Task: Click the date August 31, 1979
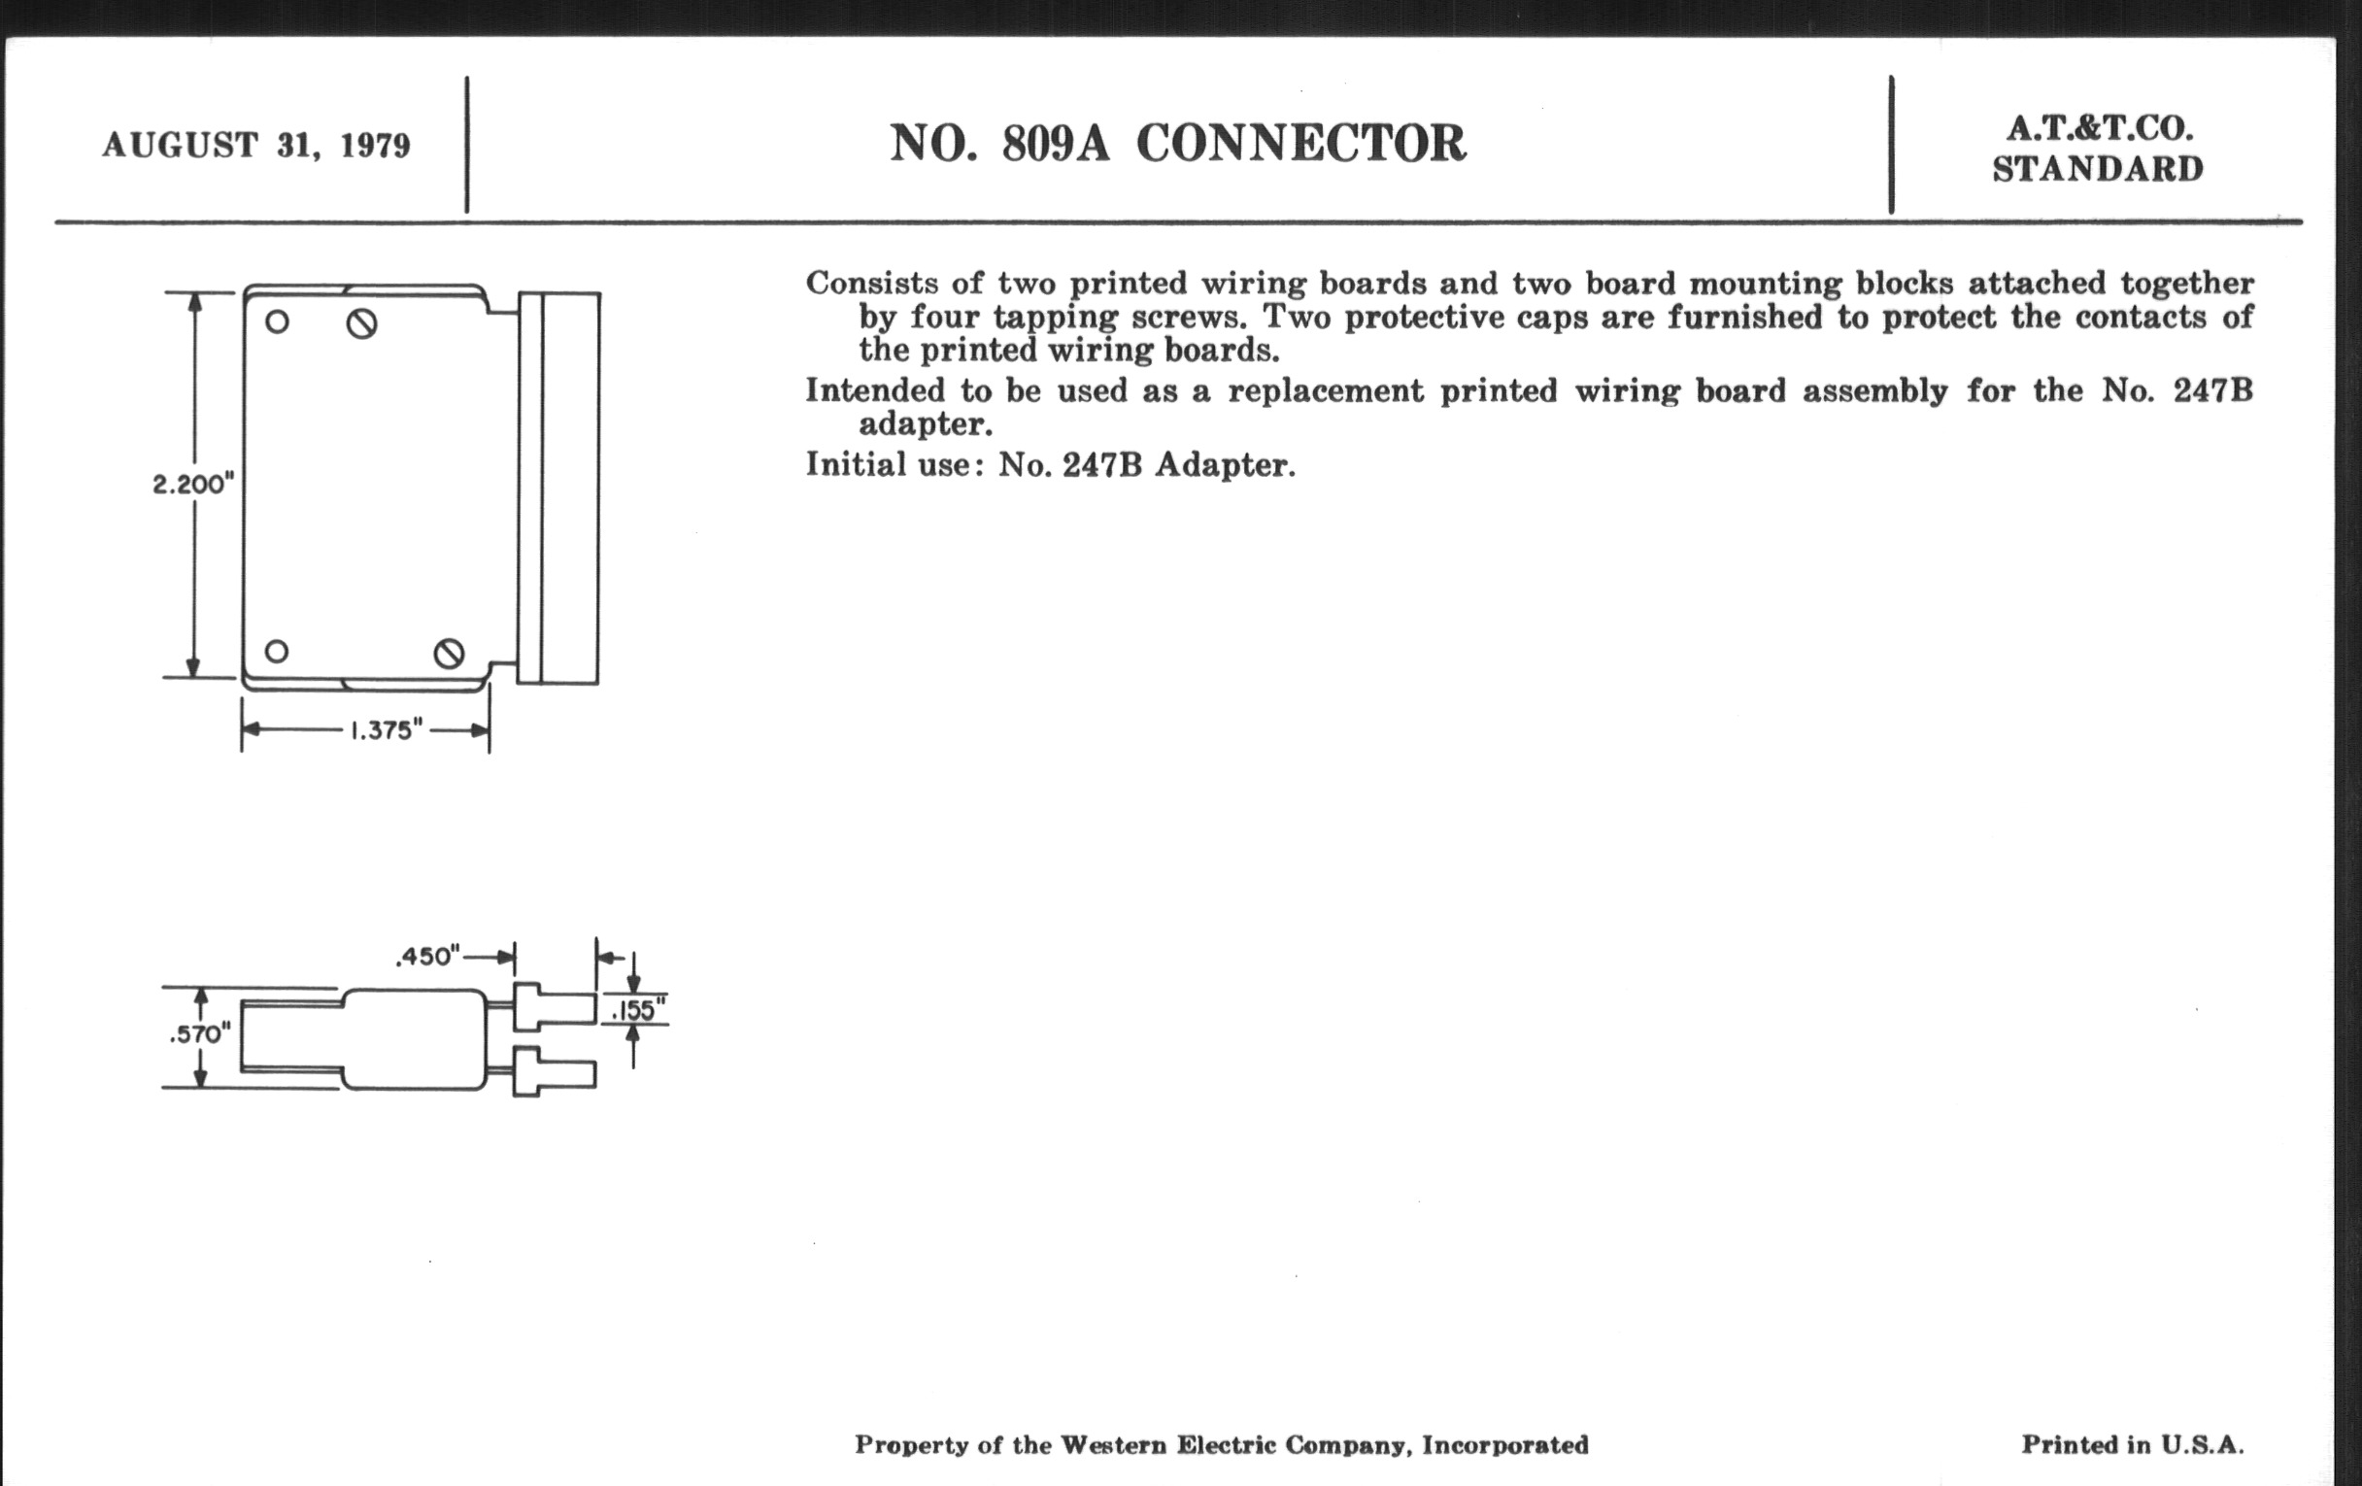(x=256, y=145)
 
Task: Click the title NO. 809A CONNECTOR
(x=1178, y=143)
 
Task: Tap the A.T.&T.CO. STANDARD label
(x=2098, y=150)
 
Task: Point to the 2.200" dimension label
(x=194, y=484)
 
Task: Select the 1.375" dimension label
(x=387, y=729)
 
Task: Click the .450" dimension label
(x=427, y=957)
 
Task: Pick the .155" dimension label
(x=638, y=1009)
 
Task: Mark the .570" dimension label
(x=200, y=1034)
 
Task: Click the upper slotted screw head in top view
(x=362, y=323)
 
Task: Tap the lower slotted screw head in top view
(x=450, y=654)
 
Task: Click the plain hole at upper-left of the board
(x=278, y=321)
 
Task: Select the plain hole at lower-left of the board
(x=277, y=652)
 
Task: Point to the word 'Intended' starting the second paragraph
(x=875, y=390)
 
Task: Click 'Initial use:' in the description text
(x=894, y=464)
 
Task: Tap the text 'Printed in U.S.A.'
(x=2133, y=1444)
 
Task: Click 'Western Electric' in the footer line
(x=1168, y=1445)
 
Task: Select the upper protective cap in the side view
(x=555, y=1007)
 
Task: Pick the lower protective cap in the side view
(x=555, y=1072)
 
